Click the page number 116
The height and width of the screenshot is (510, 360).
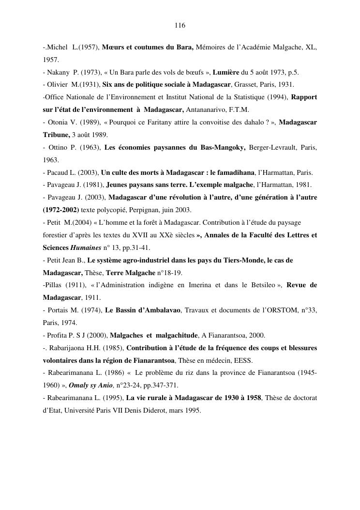tap(180, 25)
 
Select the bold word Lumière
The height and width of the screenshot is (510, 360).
tap(226, 73)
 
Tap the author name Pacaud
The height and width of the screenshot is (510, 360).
tap(59, 172)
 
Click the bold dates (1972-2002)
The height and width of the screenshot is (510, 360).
tap(61, 210)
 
